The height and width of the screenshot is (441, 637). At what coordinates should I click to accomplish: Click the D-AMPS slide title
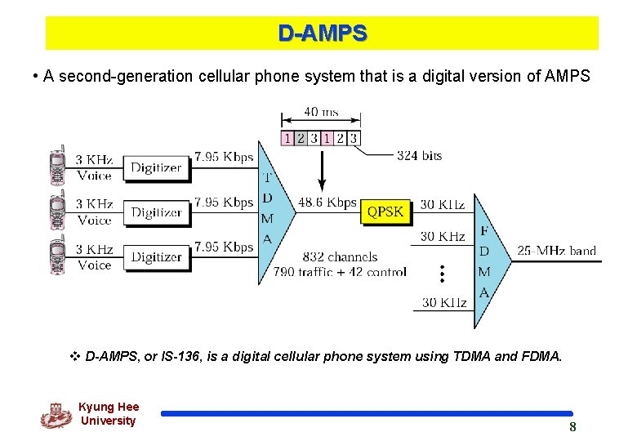click(322, 33)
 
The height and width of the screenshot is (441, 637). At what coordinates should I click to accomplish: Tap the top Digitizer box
click(156, 167)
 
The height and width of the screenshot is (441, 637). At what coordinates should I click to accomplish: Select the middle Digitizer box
click(156, 212)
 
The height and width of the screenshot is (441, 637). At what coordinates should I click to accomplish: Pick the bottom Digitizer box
click(156, 256)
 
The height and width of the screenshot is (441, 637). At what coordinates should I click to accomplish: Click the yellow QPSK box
click(385, 212)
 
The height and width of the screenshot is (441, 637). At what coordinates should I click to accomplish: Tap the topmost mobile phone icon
click(57, 166)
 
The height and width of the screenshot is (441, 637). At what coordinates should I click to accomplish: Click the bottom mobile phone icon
click(57, 255)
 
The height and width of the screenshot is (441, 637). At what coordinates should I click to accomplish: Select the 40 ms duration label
click(322, 112)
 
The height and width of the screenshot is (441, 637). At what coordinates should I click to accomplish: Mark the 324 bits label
click(419, 155)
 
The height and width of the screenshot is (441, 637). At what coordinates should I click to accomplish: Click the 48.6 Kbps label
click(327, 203)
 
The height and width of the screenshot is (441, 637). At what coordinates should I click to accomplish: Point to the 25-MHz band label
click(557, 251)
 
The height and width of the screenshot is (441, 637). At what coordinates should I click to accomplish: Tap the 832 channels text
click(340, 256)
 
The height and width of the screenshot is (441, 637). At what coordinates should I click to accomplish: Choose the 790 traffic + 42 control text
click(340, 272)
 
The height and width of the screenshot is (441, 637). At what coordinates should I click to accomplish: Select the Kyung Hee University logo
click(56, 415)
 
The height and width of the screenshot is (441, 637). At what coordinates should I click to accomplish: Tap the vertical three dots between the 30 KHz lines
click(441, 274)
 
